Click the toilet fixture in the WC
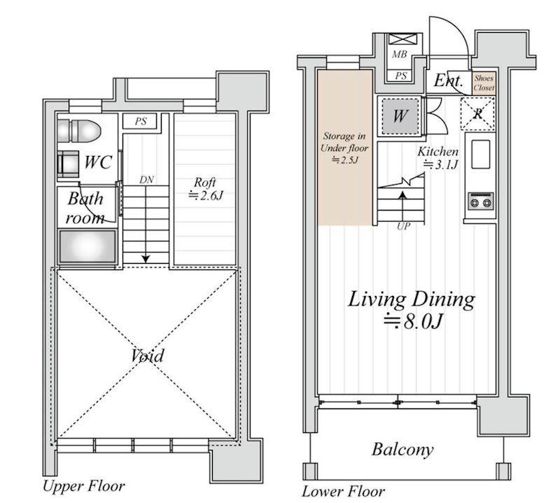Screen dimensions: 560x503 79,131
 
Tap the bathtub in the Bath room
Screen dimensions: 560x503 88,246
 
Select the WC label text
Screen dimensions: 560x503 98,162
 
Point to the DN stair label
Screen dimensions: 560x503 146,180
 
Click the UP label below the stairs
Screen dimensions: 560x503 403,226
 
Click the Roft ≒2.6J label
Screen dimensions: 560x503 205,188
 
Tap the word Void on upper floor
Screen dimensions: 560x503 148,355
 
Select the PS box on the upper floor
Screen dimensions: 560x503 140,121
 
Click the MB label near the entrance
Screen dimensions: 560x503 399,55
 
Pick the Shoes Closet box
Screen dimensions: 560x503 484,83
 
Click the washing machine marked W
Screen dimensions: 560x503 400,116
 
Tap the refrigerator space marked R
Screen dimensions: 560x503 478,113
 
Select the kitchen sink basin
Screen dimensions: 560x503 481,154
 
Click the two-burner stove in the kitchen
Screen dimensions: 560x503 481,201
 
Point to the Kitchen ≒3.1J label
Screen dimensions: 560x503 438,157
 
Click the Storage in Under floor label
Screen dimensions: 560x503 344,148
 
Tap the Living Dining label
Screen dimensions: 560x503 412,309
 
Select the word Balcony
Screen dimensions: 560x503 402,449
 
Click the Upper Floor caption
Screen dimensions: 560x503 84,486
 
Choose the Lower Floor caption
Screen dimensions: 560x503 343,492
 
